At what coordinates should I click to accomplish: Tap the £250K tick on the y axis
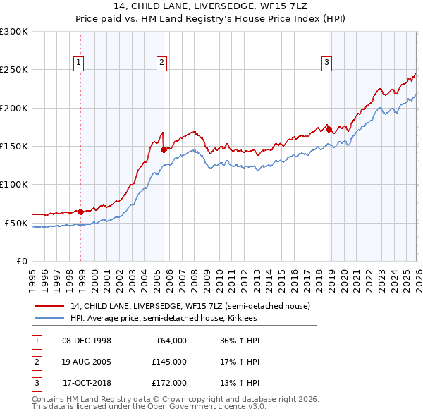(x=14, y=70)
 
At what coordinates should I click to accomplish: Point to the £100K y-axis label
(x=14, y=184)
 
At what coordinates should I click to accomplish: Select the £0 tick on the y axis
(x=21, y=261)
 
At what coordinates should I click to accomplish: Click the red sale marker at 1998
(x=81, y=212)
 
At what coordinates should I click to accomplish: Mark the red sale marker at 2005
(x=164, y=149)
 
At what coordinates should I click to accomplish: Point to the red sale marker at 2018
(x=329, y=129)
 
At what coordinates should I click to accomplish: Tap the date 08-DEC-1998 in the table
(x=87, y=341)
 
